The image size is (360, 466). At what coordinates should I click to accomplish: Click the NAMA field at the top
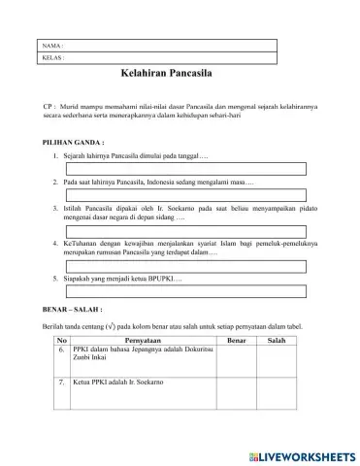point(165,45)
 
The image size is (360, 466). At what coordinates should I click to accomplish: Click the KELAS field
point(165,57)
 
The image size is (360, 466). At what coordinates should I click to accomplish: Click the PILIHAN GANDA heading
point(54,141)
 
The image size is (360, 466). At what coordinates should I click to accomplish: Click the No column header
point(62,343)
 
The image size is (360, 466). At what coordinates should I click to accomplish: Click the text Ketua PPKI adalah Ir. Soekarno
point(117,383)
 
